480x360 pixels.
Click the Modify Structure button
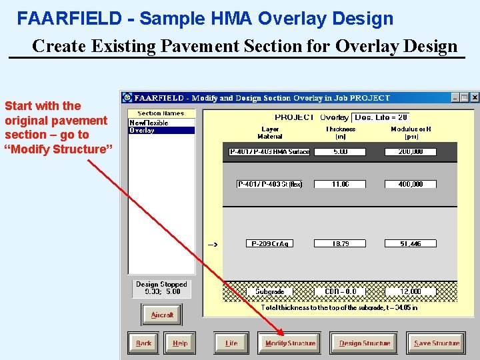[290, 343]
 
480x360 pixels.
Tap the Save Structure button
[437, 343]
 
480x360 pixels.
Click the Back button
[143, 343]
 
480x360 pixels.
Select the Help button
[180, 343]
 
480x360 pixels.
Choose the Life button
[231, 343]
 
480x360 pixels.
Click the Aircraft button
[162, 315]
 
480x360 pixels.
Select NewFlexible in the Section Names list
[149, 123]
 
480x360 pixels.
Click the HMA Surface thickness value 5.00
[340, 152]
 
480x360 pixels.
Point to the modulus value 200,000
[410, 152]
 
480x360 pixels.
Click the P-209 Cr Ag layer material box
[270, 244]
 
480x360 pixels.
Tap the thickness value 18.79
[340, 244]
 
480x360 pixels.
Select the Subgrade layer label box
[269, 291]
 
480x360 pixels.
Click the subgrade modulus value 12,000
[410, 291]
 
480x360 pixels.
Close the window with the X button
[475, 97]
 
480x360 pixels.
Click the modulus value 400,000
[410, 184]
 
